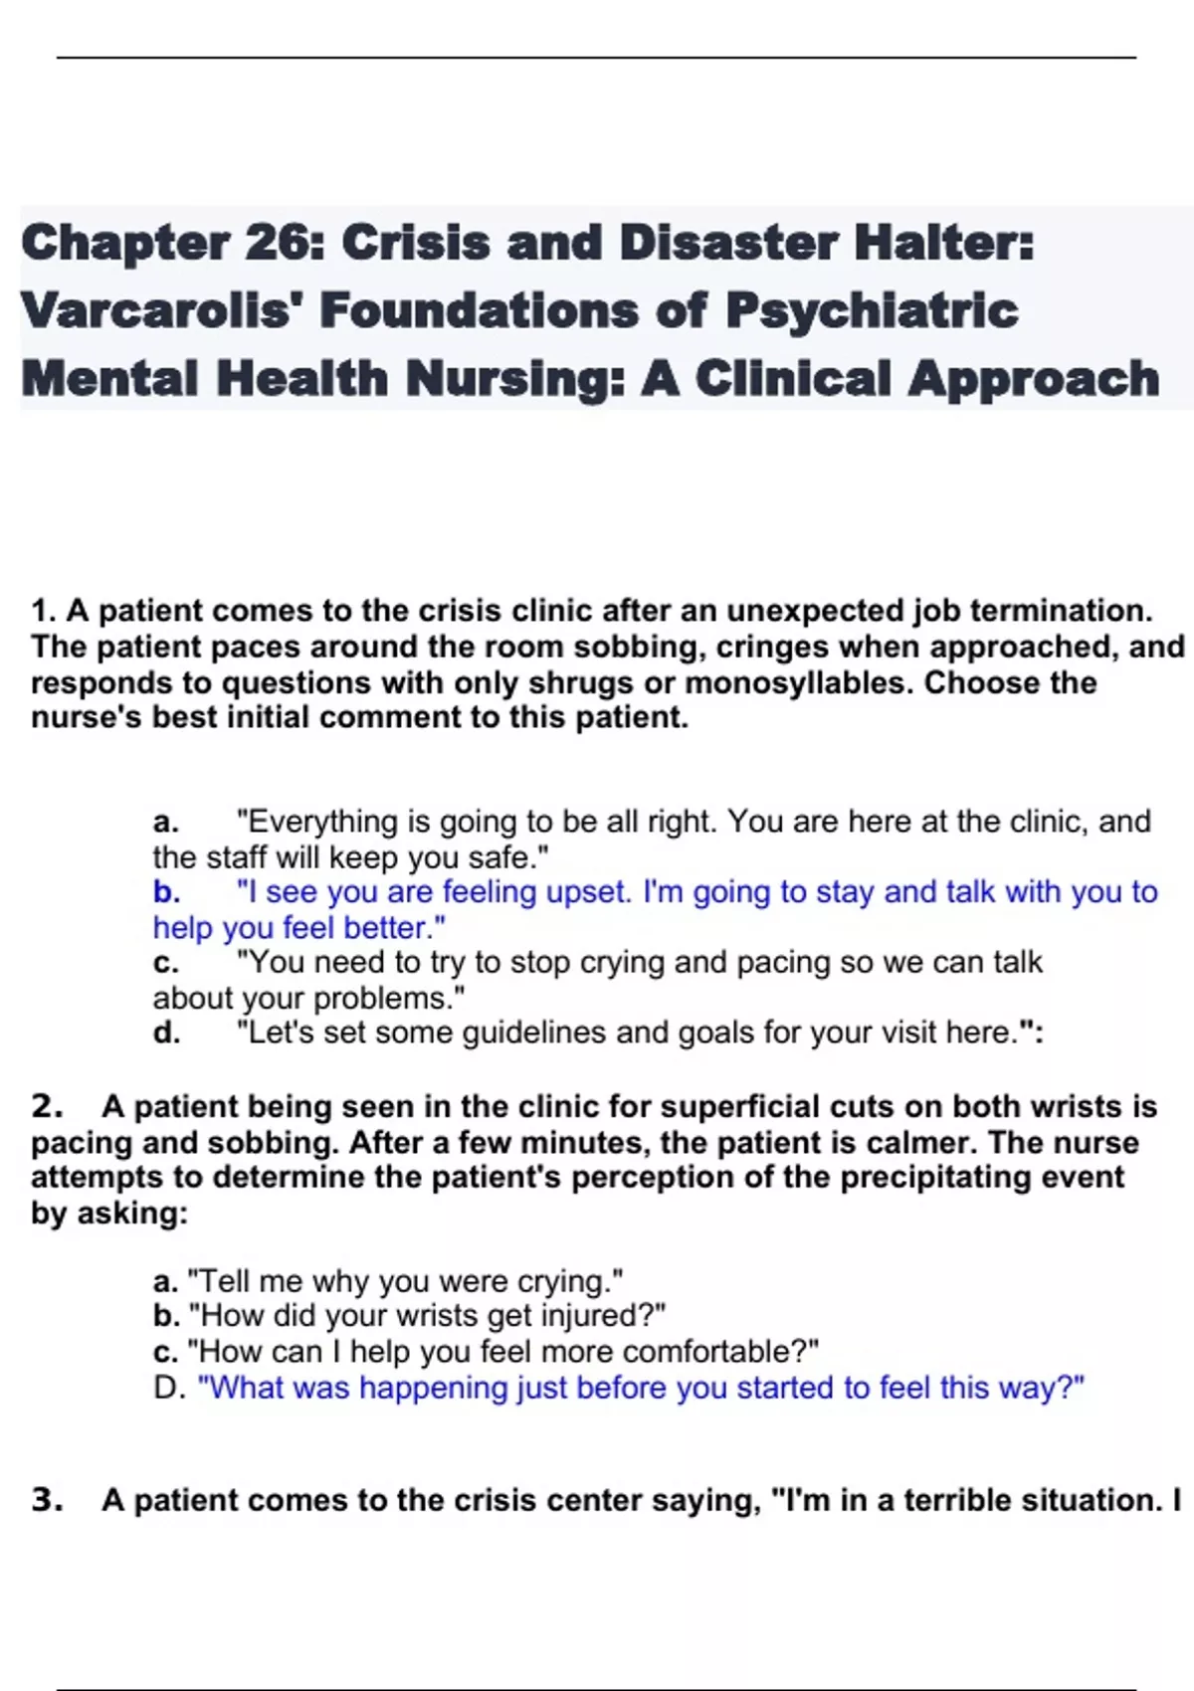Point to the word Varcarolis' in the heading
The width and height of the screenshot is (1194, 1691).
pos(159,311)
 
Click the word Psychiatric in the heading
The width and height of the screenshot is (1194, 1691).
pos(872,311)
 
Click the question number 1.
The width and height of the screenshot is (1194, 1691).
pos(42,611)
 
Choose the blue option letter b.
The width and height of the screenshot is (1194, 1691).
pos(165,892)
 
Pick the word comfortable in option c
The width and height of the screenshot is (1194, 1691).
pos(714,1352)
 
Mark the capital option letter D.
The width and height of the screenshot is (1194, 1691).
pos(167,1388)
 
